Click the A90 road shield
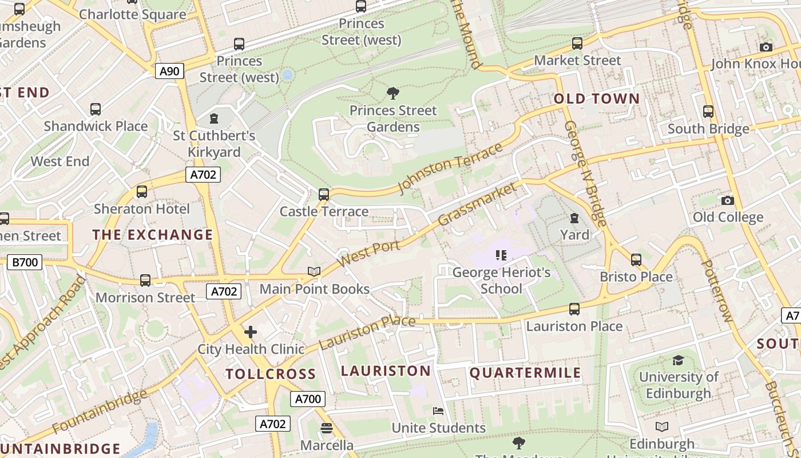coord(169,72)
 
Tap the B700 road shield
coord(25,263)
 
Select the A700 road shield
coord(308,399)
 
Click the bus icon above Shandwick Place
coord(96,109)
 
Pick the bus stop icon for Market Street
coord(577,44)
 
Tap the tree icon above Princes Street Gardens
coord(393,93)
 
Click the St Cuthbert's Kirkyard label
coord(214,144)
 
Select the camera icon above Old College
coord(728,200)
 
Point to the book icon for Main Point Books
coord(314,271)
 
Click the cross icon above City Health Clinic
coord(250,332)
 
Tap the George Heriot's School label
coord(501,281)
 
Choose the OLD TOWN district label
coord(597,98)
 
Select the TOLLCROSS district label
coord(270,374)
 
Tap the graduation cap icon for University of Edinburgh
coord(678,360)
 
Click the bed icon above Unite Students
coord(438,411)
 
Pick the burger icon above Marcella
coord(327,428)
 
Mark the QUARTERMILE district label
coord(525,373)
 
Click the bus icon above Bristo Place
coord(636,260)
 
